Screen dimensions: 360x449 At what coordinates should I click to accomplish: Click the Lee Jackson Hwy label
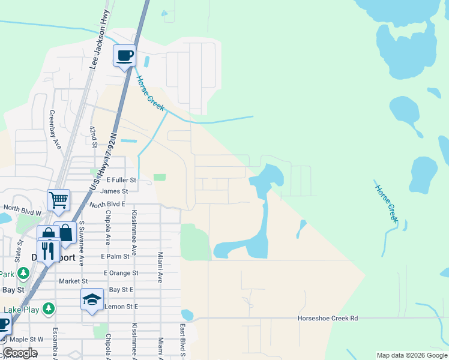(x=98, y=47)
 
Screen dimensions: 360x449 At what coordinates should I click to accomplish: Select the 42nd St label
(x=93, y=137)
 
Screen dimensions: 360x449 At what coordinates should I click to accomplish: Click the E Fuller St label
(x=122, y=180)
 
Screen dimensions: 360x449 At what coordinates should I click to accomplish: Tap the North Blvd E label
(x=107, y=205)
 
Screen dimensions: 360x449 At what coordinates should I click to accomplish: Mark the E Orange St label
(x=119, y=273)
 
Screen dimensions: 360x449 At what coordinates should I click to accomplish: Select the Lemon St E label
(x=121, y=307)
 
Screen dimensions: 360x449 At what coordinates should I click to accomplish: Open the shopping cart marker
(x=59, y=200)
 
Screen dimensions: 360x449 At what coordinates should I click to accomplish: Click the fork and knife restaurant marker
(x=48, y=250)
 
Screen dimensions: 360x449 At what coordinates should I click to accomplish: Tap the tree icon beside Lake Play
(x=49, y=308)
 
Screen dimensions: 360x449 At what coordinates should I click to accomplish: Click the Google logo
(x=20, y=353)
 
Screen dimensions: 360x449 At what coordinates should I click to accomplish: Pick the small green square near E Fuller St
(x=159, y=177)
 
